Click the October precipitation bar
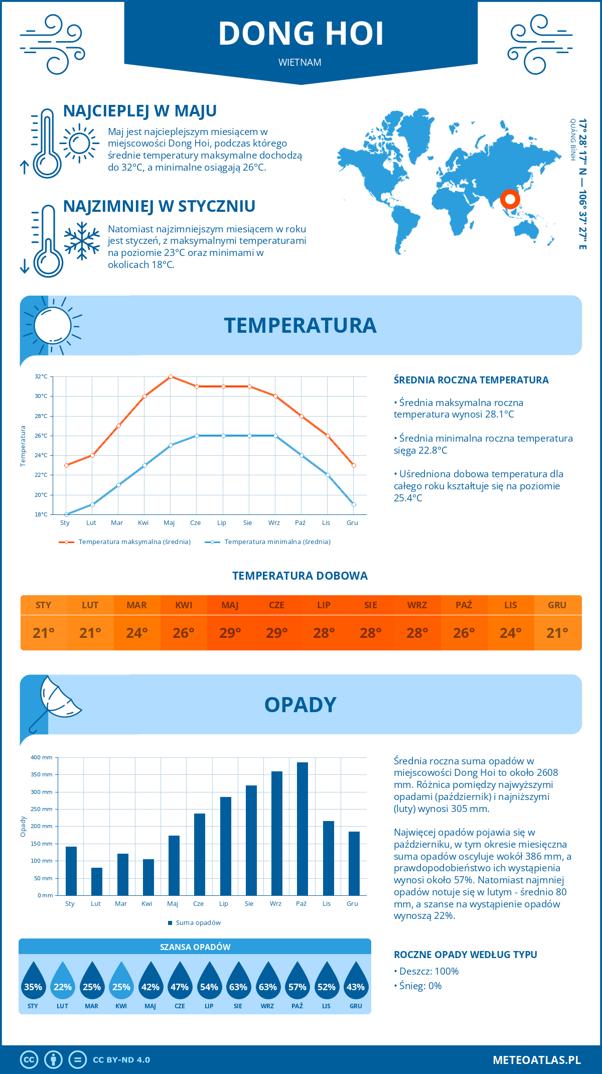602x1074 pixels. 303,829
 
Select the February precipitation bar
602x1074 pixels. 97,881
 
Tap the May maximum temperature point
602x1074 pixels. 171,376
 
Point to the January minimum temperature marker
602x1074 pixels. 66,514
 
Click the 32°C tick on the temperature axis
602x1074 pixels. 41,376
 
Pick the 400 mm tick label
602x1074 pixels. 42,757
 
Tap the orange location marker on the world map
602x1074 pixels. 510,199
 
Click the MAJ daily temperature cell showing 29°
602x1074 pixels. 230,633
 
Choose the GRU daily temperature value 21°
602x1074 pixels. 557,633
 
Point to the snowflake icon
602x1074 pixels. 82,241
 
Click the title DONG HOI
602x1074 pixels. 301,34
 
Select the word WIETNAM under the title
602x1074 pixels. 300,62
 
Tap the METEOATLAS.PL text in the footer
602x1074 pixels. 536,1059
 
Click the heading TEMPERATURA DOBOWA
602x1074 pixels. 300,576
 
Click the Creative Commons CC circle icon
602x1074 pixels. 29,1059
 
